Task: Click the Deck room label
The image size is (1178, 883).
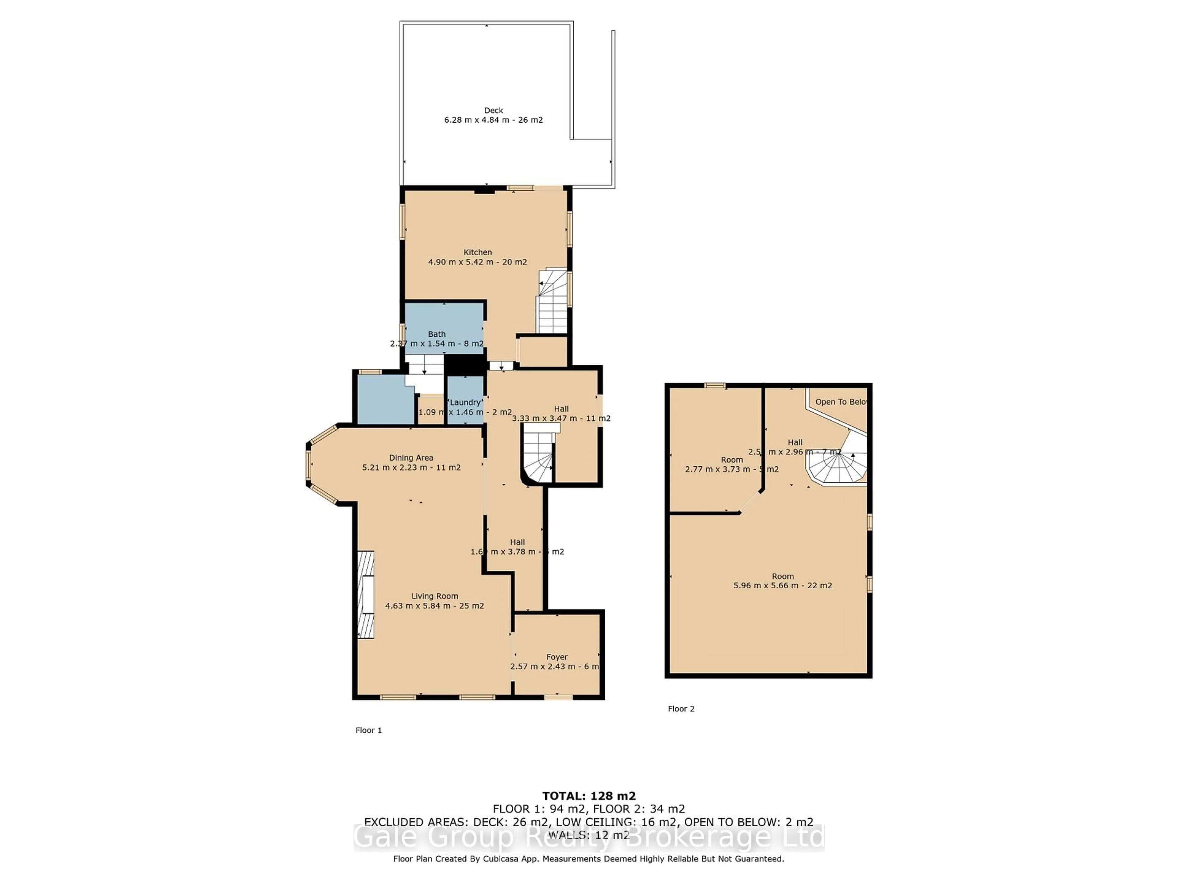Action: (493, 110)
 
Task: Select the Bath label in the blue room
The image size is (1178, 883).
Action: (437, 334)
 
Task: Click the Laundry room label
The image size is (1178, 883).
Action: (465, 402)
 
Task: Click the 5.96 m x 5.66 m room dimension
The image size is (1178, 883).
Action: (782, 586)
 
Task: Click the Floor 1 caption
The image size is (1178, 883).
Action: (368, 730)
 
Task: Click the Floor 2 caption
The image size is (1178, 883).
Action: (681, 709)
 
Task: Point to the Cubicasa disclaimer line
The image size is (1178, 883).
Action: (588, 873)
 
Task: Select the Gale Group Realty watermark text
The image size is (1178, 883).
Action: (588, 838)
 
